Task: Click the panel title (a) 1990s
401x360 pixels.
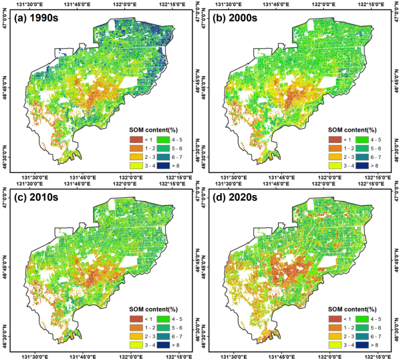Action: pyautogui.click(x=41, y=18)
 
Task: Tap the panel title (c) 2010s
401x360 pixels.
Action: pyautogui.click(x=41, y=196)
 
